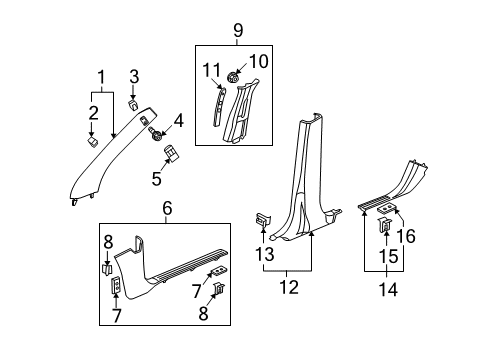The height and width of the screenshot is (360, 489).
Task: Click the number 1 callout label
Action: (x=99, y=77)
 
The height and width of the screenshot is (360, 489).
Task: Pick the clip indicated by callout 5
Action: (x=171, y=154)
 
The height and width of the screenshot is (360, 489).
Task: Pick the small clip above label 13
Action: (x=261, y=221)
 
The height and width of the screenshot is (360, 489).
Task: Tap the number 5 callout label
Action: (x=156, y=180)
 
